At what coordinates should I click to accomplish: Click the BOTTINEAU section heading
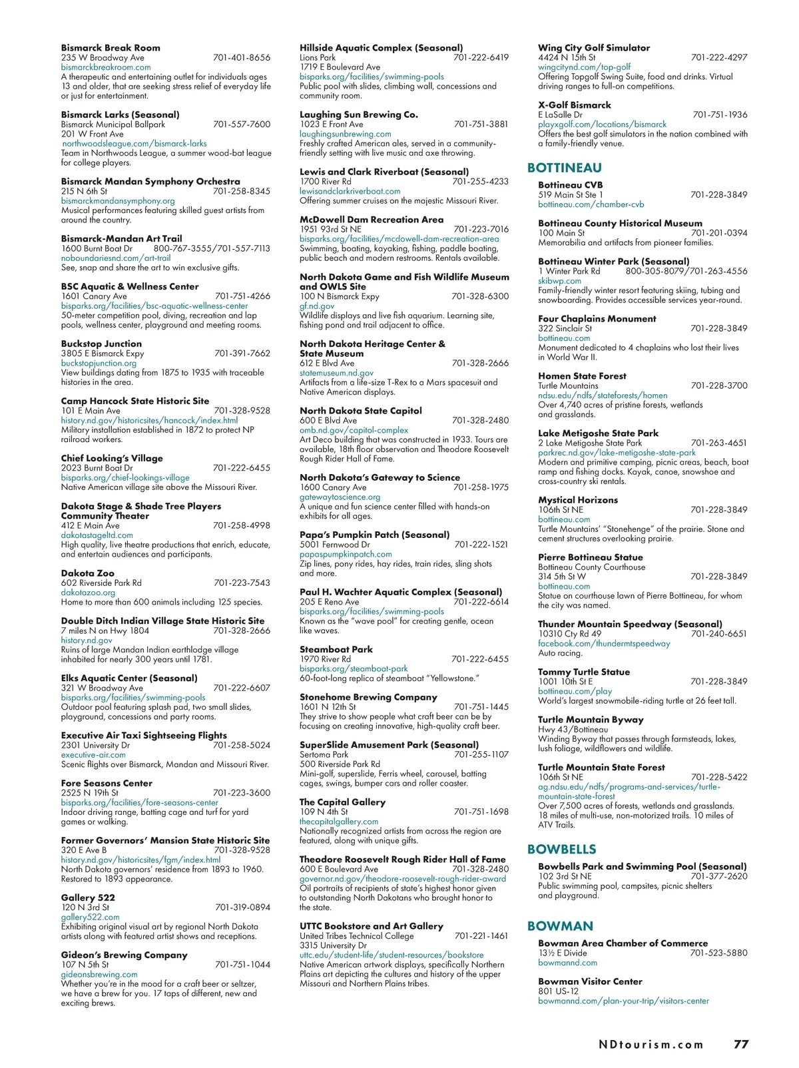(564, 168)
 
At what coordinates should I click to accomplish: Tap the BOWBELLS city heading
(561, 849)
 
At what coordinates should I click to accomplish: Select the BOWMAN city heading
(560, 926)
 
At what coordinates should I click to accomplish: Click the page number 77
(741, 1044)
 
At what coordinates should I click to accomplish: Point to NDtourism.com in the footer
(651, 1045)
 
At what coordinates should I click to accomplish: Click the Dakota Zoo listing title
(87, 573)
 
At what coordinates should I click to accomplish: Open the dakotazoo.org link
(88, 593)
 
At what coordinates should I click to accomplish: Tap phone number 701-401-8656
(242, 58)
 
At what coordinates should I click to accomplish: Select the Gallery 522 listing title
(88, 898)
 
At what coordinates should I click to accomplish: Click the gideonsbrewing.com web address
(99, 974)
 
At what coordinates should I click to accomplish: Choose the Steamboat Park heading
(336, 649)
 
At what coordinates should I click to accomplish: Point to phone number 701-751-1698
(481, 812)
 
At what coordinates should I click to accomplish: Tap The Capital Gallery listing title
(342, 802)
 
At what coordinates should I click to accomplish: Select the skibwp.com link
(559, 281)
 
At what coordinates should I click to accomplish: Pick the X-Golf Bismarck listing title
(574, 105)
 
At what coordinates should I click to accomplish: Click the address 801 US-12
(557, 991)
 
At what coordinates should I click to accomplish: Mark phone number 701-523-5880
(718, 953)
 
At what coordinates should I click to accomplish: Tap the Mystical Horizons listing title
(577, 500)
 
